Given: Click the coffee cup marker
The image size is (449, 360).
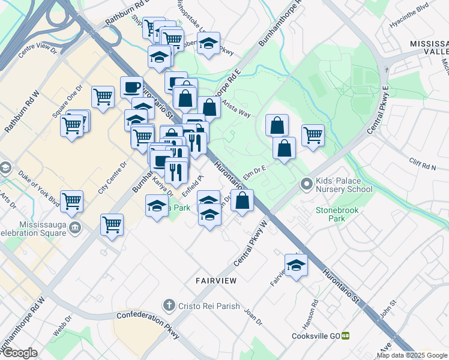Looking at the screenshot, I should pyautogui.click(x=131, y=88).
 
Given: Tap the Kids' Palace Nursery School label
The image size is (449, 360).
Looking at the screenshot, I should pyautogui.click(x=345, y=185).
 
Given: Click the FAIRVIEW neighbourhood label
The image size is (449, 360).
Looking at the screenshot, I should pyautogui.click(x=215, y=280).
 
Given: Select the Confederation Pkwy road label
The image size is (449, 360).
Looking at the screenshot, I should pyautogui.click(x=148, y=324).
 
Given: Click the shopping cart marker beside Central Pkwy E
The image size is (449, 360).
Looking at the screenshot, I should pyautogui.click(x=313, y=136).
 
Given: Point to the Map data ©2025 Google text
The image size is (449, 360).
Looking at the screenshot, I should pyautogui.click(x=412, y=355).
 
